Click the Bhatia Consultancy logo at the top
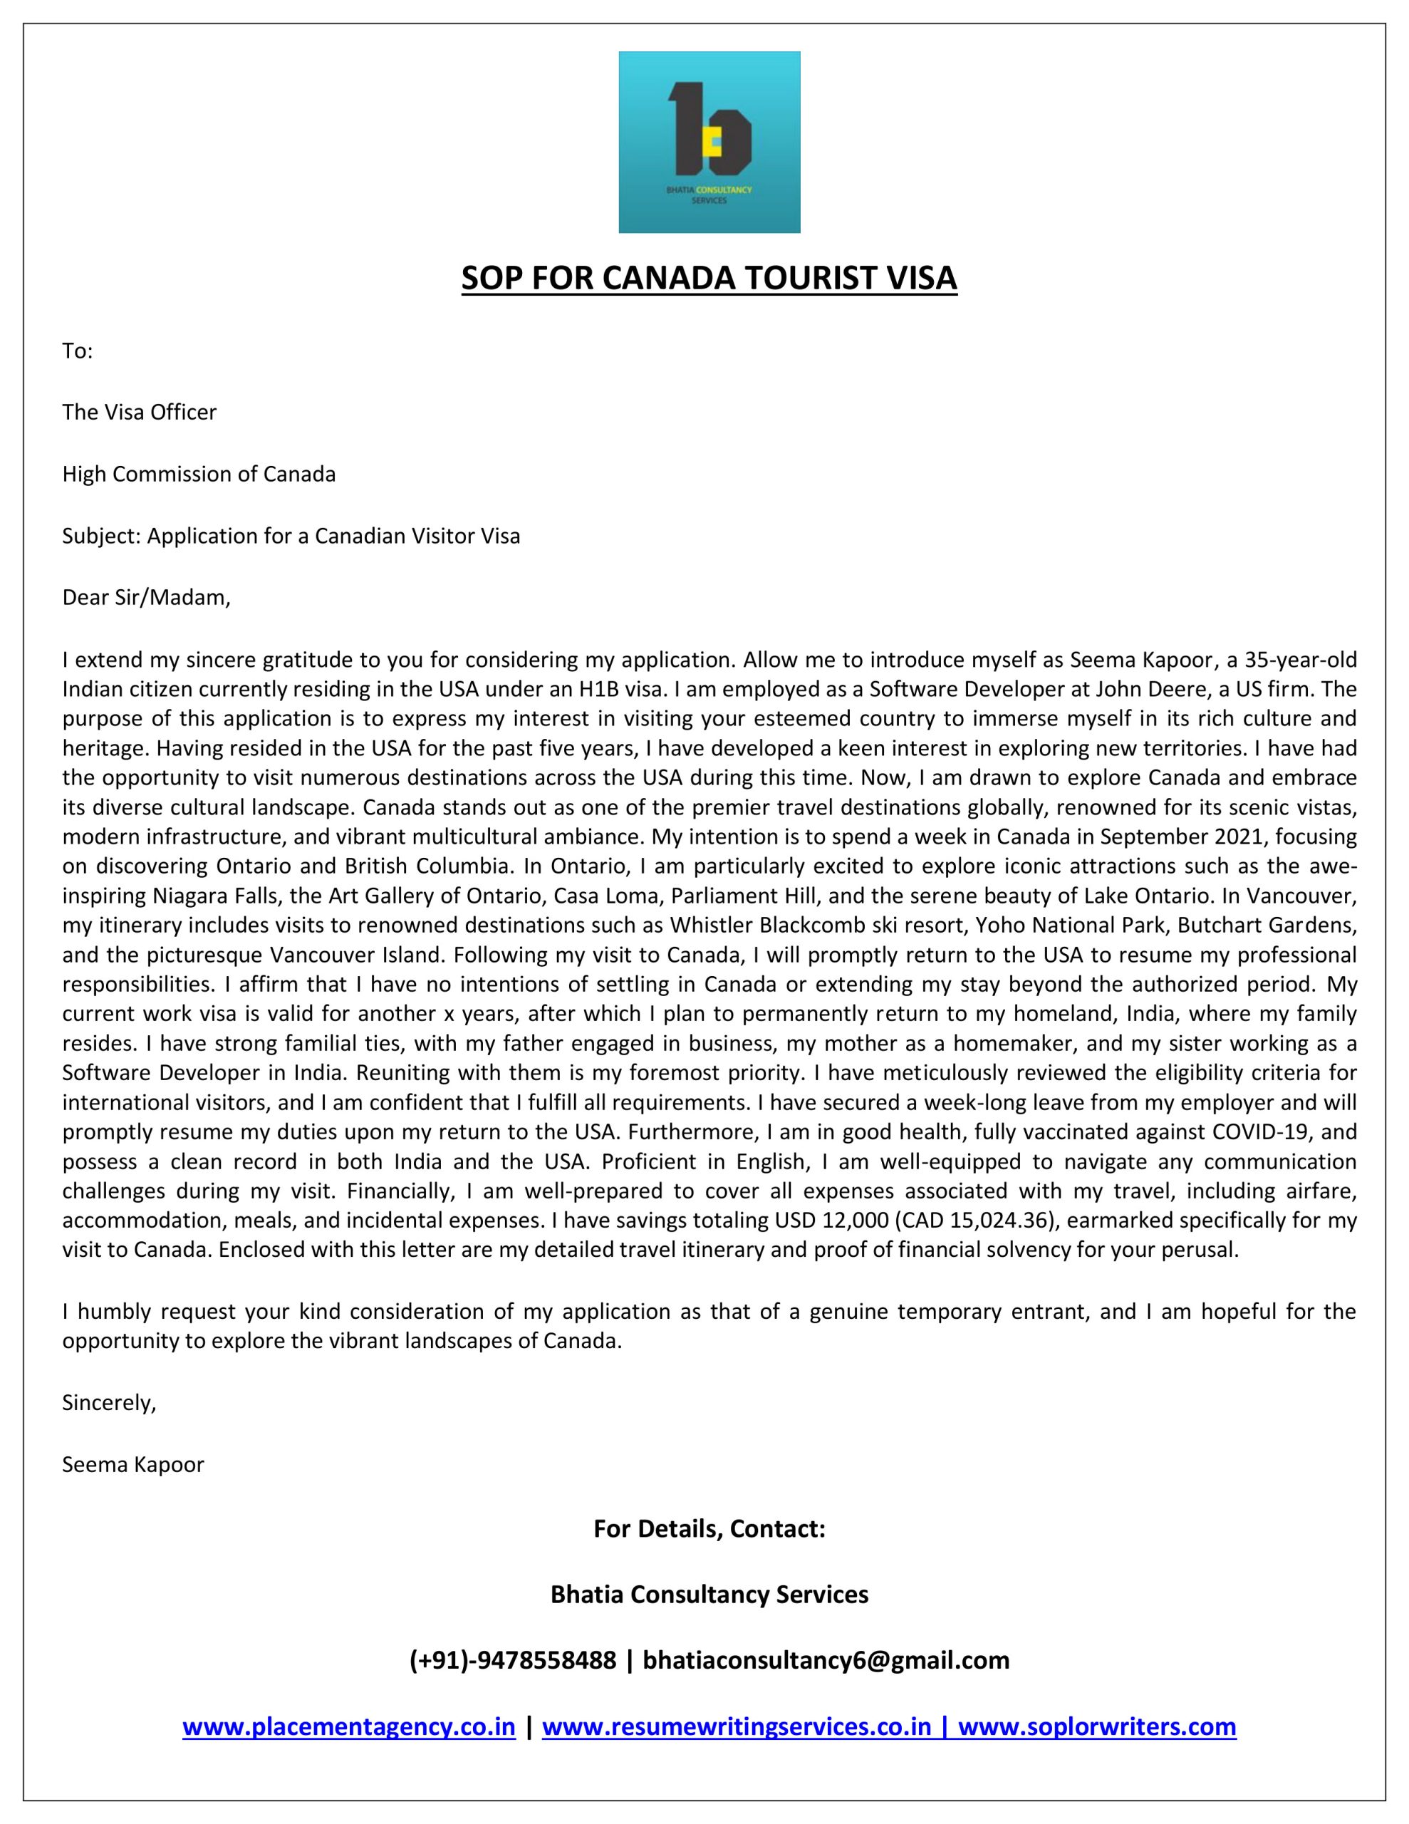(x=708, y=142)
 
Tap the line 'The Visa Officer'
(x=139, y=413)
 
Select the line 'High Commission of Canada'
(x=199, y=475)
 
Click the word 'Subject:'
(x=101, y=537)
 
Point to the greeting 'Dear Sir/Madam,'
(x=146, y=598)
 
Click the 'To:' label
(x=77, y=351)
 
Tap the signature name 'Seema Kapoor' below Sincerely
(x=132, y=1465)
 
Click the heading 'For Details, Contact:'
(x=709, y=1529)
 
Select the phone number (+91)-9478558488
(x=513, y=1660)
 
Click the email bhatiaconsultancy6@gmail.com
(x=826, y=1660)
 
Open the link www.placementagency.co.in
(x=349, y=1726)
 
